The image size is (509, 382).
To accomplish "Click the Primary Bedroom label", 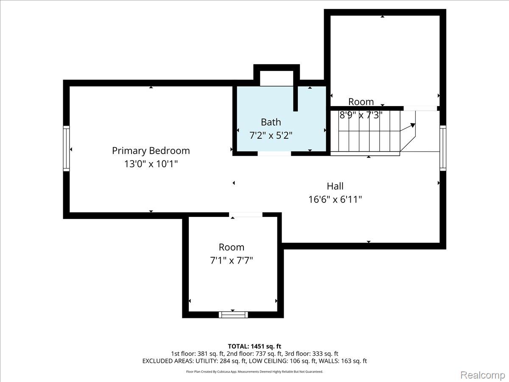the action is pos(151,151).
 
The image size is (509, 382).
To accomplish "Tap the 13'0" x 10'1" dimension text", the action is pos(151,164).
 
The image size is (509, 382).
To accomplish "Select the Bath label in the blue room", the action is pos(271,122).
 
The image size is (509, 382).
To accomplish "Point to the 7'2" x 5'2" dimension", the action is pos(271,135).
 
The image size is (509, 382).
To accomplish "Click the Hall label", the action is pos(335,186).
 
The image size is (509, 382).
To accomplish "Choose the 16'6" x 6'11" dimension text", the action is pos(335,199).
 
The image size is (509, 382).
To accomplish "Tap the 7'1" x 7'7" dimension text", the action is pos(232,261).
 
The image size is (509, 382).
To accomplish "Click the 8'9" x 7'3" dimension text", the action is pos(361,115).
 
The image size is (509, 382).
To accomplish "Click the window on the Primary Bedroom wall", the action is pos(66,149).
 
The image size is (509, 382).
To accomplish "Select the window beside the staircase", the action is pos(443,148).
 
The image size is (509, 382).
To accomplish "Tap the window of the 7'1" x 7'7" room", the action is pos(233,315).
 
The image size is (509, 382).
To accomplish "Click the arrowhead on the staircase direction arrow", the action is pos(413,125).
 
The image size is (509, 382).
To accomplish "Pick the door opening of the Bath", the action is pos(274,153).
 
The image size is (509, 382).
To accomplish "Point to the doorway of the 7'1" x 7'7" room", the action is pos(246,215).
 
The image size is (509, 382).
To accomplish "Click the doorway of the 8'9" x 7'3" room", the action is pos(420,108).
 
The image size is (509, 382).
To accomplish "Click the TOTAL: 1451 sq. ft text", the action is pos(255,346).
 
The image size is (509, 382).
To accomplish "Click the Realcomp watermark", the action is pos(482,375).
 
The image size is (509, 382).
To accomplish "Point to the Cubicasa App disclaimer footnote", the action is pos(255,371).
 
